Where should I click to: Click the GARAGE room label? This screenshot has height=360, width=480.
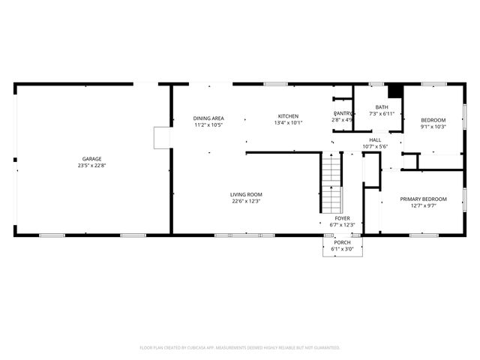click(x=88, y=158)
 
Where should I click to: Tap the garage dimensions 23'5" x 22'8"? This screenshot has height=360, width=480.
click(x=88, y=165)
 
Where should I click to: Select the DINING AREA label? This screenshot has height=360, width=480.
click(x=208, y=118)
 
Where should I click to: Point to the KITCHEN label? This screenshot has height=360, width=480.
click(x=288, y=116)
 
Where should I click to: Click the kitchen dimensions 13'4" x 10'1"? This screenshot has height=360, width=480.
click(x=288, y=123)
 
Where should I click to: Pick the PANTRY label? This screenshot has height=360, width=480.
click(x=343, y=113)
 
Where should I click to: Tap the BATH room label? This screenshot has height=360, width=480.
click(x=382, y=106)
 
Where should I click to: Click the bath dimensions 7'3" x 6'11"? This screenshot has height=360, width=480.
click(x=382, y=113)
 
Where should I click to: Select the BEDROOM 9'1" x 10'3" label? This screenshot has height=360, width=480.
click(x=433, y=120)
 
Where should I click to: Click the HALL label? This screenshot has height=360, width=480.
click(x=375, y=139)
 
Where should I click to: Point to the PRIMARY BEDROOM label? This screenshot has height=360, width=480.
click(x=423, y=199)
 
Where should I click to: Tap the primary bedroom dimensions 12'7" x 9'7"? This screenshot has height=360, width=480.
click(x=423, y=205)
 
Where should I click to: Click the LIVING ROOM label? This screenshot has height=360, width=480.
click(x=246, y=194)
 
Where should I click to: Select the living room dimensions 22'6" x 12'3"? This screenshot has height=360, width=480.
click(x=246, y=201)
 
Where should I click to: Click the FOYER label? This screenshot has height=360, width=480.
click(x=342, y=218)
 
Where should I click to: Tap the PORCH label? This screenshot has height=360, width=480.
click(x=342, y=242)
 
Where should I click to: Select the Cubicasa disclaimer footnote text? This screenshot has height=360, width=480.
click(x=240, y=347)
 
